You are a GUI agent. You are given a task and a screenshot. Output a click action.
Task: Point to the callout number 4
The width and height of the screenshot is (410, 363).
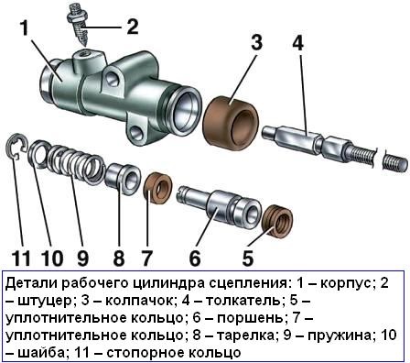[x=297, y=43]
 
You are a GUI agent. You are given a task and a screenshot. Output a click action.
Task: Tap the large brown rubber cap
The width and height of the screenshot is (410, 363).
[x=230, y=109]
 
